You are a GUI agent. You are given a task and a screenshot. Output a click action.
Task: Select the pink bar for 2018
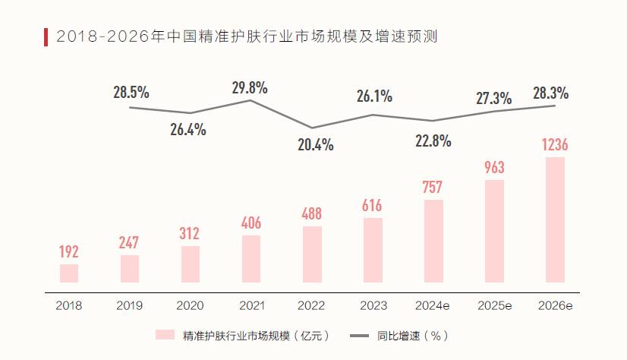(x=69, y=273)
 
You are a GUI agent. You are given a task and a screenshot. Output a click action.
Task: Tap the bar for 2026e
(x=555, y=220)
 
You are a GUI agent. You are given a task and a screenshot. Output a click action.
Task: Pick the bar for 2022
(x=312, y=254)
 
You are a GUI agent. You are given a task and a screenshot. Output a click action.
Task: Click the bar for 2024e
(x=433, y=242)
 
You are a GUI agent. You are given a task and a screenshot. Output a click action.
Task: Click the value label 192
(x=69, y=252)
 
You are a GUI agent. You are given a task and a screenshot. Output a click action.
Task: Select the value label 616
(x=372, y=206)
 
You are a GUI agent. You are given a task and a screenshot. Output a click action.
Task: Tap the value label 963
(x=494, y=168)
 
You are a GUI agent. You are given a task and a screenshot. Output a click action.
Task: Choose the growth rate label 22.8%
(x=433, y=141)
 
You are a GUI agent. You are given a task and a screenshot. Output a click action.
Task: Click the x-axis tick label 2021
(x=250, y=306)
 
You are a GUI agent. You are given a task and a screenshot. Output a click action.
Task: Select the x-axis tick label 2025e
(x=494, y=306)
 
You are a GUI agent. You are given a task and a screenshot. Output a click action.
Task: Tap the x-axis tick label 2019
(x=129, y=306)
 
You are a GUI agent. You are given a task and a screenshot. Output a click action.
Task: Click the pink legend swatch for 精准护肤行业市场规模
(x=165, y=335)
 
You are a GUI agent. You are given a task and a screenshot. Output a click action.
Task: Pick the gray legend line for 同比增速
(x=359, y=335)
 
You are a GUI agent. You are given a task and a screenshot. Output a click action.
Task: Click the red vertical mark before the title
(x=46, y=36)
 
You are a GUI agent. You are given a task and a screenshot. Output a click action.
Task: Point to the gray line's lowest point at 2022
(x=312, y=128)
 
